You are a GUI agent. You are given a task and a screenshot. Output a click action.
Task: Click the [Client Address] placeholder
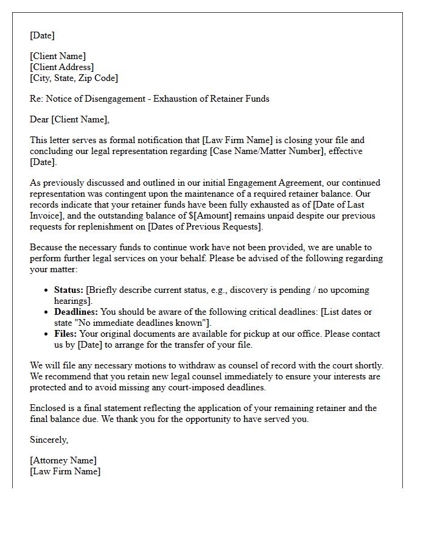(62, 67)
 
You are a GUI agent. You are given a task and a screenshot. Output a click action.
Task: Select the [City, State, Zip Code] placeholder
(74, 78)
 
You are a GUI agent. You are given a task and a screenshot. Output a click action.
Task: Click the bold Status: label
(69, 290)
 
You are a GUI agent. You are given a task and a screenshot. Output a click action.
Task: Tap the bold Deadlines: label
(76, 312)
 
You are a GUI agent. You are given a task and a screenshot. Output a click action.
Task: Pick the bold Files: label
(66, 334)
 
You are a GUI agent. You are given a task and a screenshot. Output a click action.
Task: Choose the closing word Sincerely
(49, 440)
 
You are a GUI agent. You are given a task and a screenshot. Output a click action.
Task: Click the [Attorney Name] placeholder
(63, 460)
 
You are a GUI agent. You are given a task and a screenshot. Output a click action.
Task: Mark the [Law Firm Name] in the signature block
(65, 471)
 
